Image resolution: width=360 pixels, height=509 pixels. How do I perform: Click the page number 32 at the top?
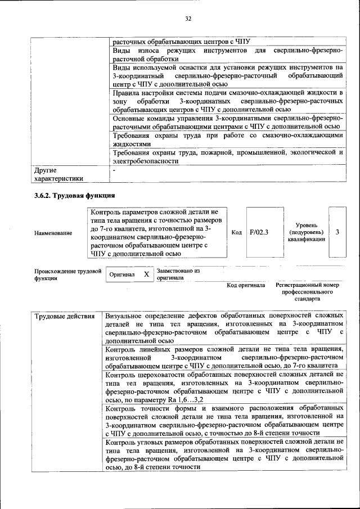point(188,19)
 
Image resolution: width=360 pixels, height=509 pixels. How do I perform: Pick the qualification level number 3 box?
point(337,232)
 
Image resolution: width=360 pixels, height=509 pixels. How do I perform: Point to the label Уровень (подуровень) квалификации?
point(305,232)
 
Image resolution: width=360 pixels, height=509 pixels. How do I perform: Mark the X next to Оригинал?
point(146,274)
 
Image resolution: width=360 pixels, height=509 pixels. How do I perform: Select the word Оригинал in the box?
point(123,274)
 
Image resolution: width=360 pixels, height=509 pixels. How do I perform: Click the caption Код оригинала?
point(246,285)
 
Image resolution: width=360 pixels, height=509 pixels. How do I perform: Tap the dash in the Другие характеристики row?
point(114,169)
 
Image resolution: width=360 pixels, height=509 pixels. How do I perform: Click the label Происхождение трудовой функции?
point(67,274)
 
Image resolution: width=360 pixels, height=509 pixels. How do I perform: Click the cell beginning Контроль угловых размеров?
point(224,454)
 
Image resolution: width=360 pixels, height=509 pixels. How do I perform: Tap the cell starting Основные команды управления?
point(227,123)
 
